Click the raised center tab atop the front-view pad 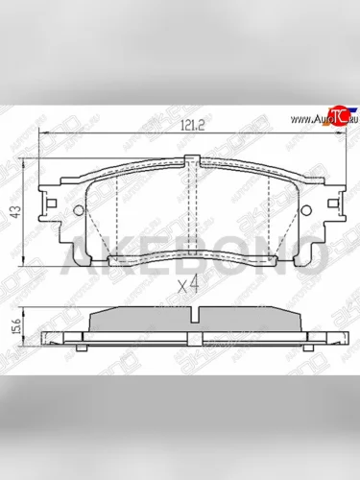[x=197, y=165]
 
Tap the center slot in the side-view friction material [x=197, y=318]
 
